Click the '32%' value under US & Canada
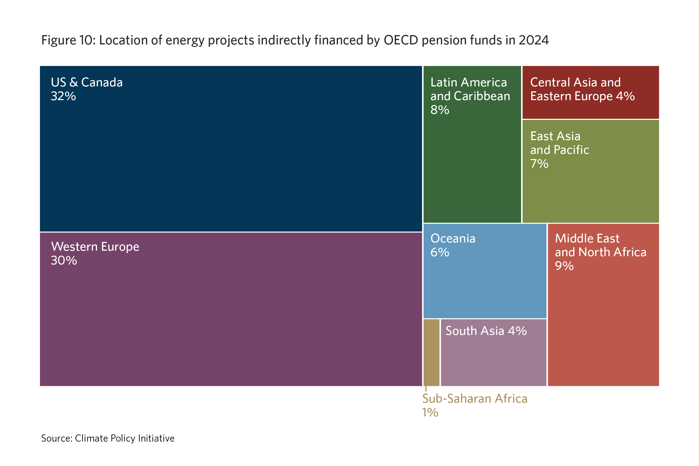click(x=63, y=96)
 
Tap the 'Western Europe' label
click(x=95, y=247)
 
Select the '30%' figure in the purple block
click(x=64, y=261)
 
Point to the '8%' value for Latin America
click(x=439, y=110)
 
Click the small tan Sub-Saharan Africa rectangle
click(x=431, y=352)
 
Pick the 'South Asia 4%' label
click(x=486, y=331)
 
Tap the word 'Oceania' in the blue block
click(x=453, y=239)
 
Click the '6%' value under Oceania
click(x=439, y=252)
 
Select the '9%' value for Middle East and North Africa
click(x=564, y=266)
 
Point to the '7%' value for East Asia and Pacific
click(x=539, y=164)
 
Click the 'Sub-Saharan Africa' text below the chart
click(x=474, y=399)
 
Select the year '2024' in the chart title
click(x=534, y=40)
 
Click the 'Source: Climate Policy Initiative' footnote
click(x=108, y=438)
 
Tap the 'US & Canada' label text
click(x=87, y=83)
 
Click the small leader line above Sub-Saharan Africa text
click(x=426, y=389)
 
